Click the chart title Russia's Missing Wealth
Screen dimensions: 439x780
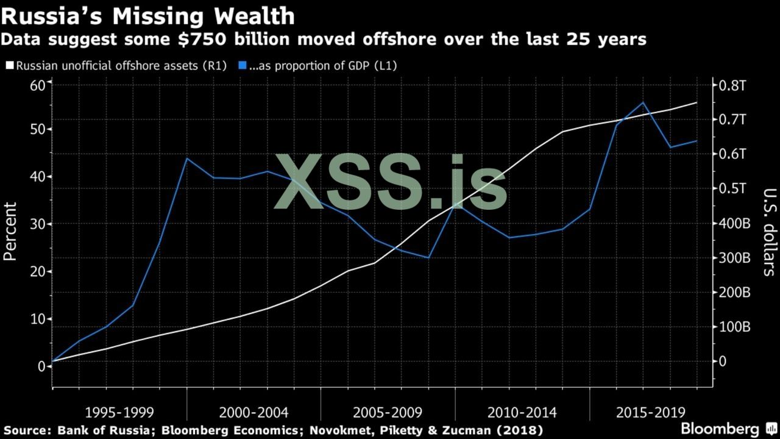point(149,15)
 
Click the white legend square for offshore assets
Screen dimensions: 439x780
point(9,65)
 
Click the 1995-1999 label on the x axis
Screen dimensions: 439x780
point(119,412)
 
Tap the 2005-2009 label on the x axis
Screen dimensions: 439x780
point(388,412)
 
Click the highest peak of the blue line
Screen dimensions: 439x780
point(643,102)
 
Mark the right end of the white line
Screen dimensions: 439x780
point(697,102)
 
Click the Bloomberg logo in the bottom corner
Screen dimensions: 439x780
point(725,428)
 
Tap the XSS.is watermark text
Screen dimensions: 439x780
point(390,181)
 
